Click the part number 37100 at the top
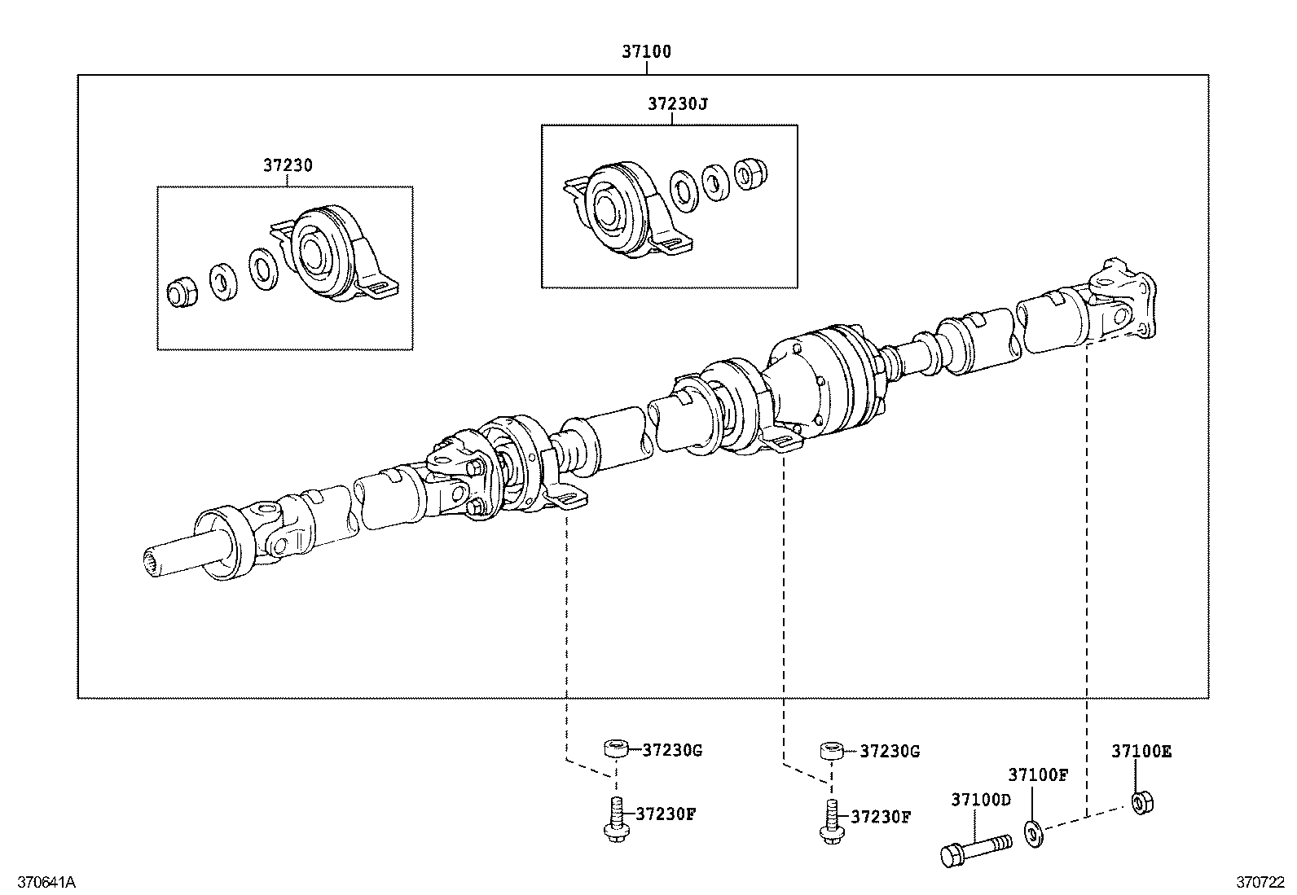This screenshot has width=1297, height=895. [646, 51]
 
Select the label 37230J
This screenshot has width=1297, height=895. [678, 104]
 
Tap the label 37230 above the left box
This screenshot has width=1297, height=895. [287, 165]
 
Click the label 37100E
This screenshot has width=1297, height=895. [1141, 752]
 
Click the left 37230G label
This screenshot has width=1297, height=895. [671, 750]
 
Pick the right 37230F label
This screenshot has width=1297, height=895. [880, 816]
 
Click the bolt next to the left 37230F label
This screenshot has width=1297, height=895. [616, 819]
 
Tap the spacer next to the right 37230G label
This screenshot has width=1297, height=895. [831, 751]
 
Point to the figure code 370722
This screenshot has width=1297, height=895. [1260, 882]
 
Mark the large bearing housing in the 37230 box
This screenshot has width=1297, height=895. [330, 252]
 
